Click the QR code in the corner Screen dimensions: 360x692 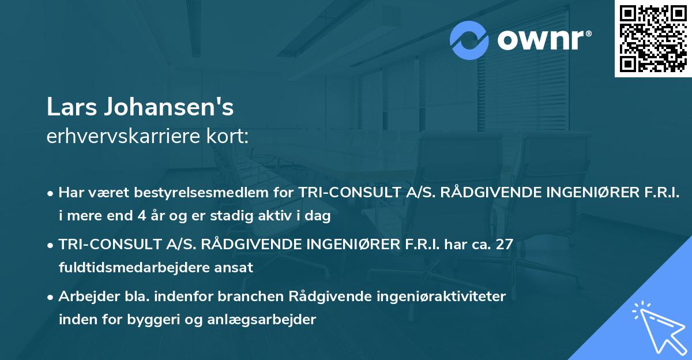pyautogui.click(x=653, y=39)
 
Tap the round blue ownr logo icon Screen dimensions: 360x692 pyautogui.click(x=469, y=40)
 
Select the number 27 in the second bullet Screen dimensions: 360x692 pyautogui.click(x=503, y=245)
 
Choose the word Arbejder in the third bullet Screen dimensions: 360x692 pyautogui.click(x=86, y=297)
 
